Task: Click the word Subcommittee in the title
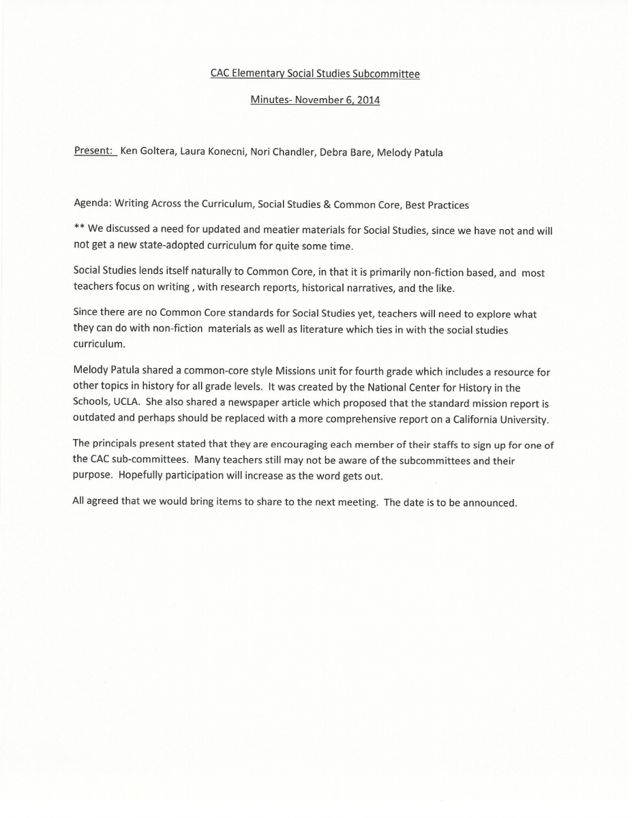pos(386,74)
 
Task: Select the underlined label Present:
pos(94,151)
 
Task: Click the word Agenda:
pos(92,204)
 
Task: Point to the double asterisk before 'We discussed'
pos(79,229)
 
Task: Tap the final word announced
pos(491,503)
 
